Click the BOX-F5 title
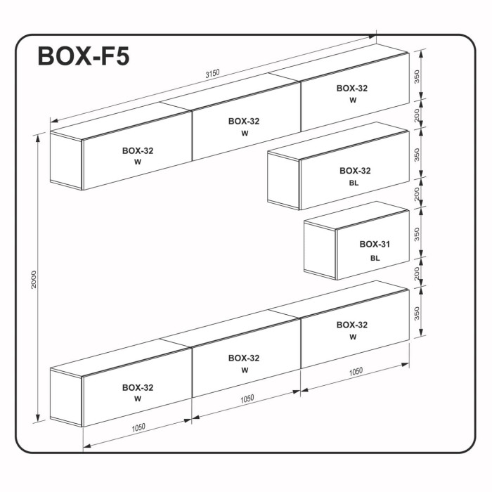(x=84, y=56)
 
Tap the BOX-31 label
(x=375, y=245)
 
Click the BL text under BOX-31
(x=375, y=258)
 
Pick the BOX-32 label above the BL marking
(x=355, y=170)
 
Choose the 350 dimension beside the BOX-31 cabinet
(x=418, y=234)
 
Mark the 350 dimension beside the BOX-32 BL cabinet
(x=418, y=154)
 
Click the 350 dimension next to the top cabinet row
(x=418, y=77)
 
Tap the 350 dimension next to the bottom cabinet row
(x=418, y=313)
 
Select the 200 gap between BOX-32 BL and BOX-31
(x=418, y=194)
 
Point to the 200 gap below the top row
(x=418, y=115)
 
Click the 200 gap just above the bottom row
(x=418, y=273)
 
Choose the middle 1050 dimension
(x=246, y=399)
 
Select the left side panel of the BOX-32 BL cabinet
(x=284, y=179)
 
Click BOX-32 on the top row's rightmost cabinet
(x=352, y=89)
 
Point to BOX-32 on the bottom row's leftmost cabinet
(x=138, y=387)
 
